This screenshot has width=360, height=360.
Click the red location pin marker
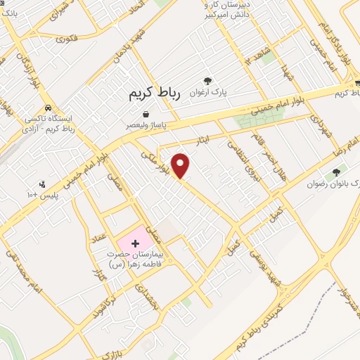coord(181,166)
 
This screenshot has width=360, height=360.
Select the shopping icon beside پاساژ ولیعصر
coord(145,114)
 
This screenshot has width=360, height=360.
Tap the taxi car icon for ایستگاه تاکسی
coord(47,109)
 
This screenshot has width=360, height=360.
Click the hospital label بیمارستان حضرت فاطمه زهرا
coord(135,258)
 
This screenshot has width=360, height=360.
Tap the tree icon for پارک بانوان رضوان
coord(335,172)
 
